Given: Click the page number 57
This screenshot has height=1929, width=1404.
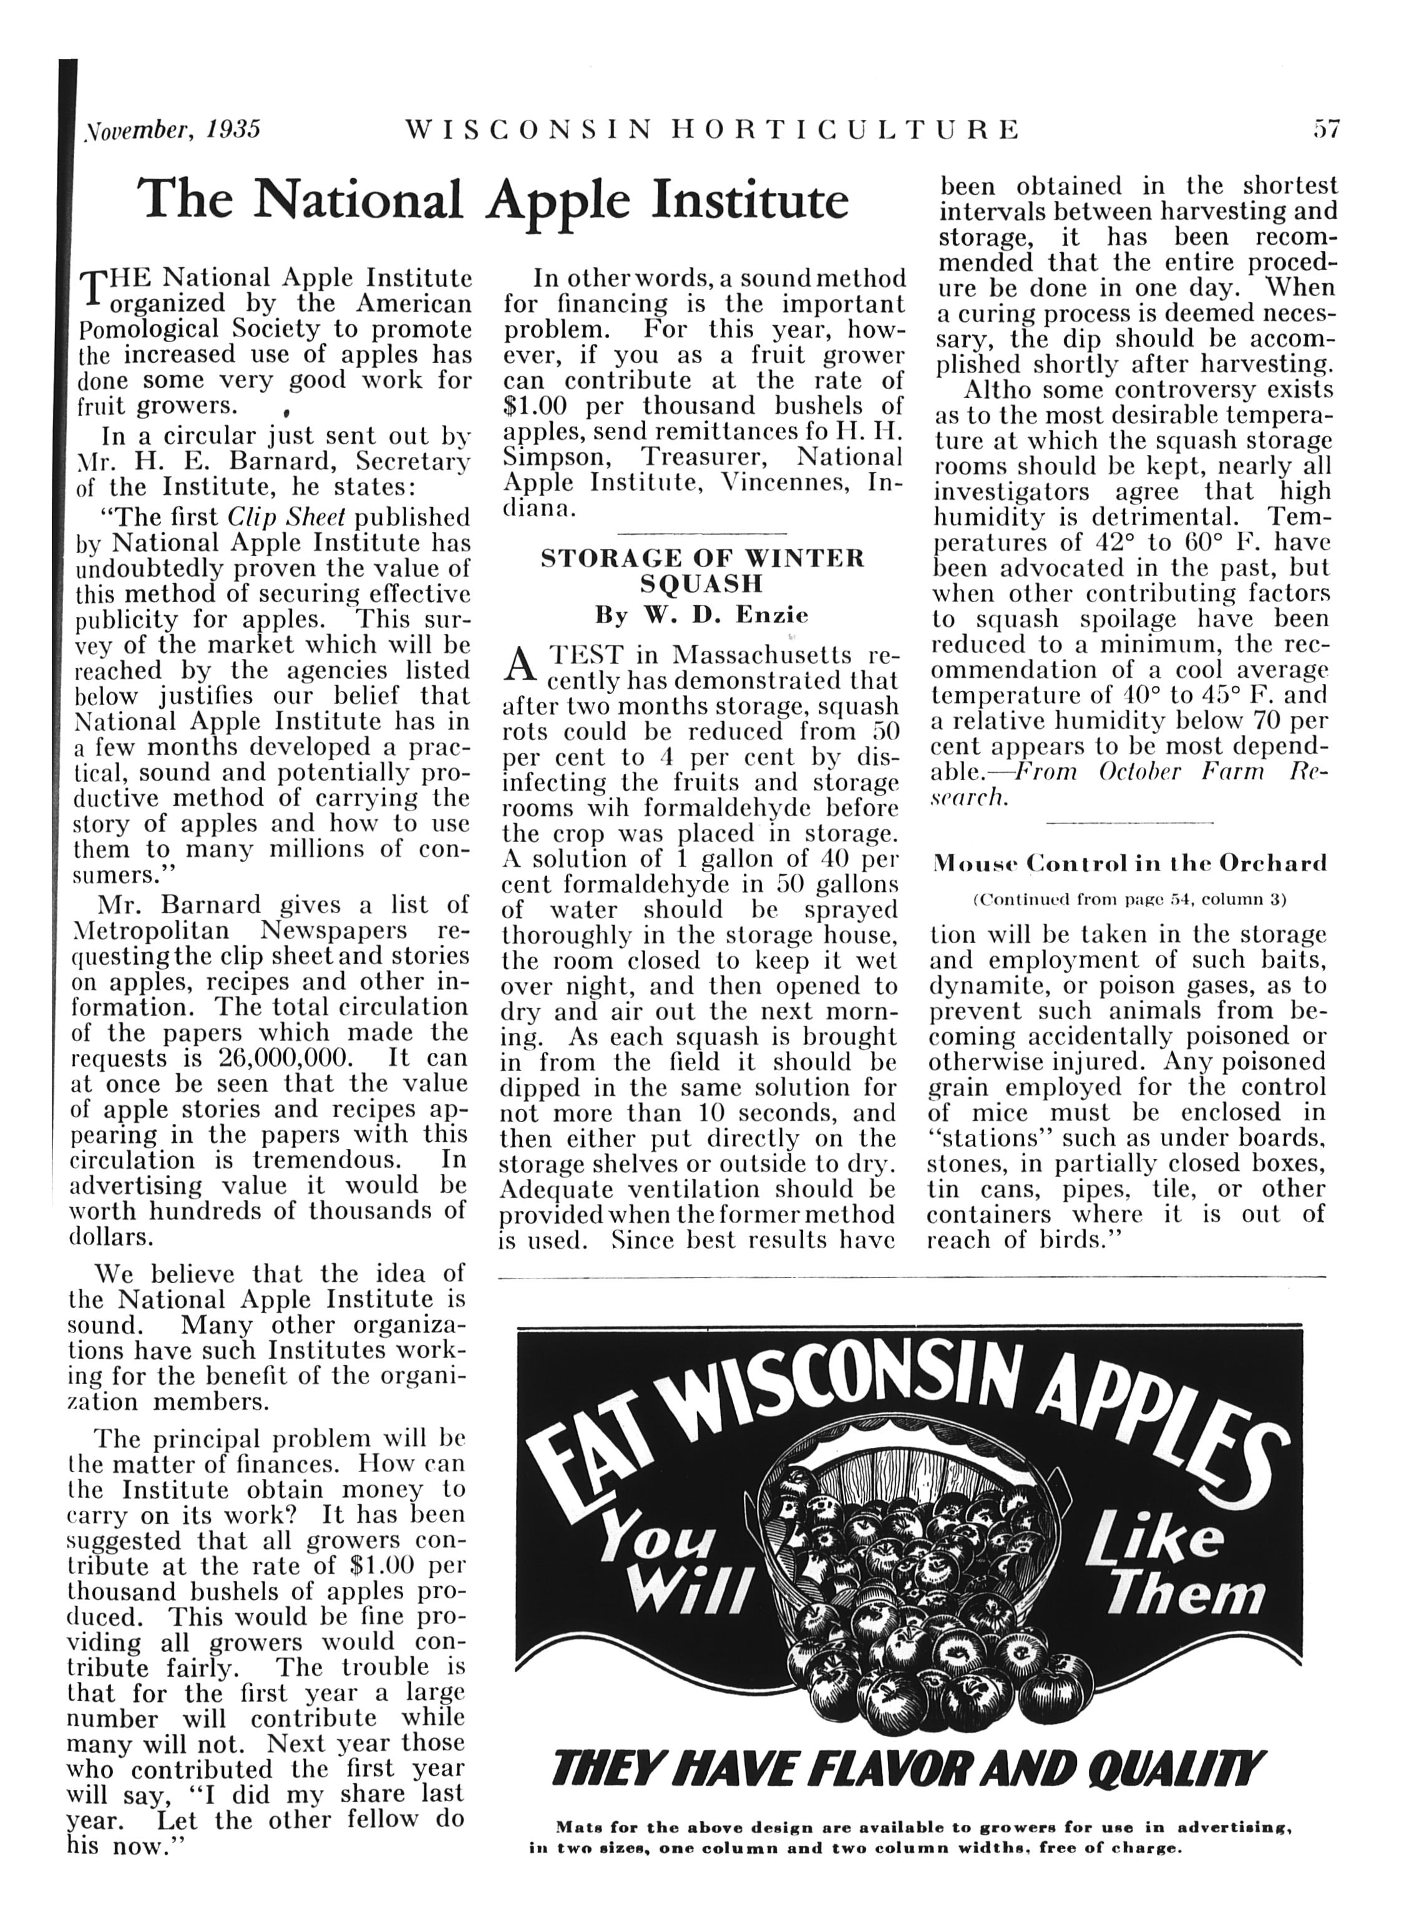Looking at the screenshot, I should (1326, 129).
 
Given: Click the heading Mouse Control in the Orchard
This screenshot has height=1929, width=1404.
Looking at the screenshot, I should (1129, 863).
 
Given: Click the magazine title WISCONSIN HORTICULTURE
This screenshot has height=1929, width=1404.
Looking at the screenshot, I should (713, 129).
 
